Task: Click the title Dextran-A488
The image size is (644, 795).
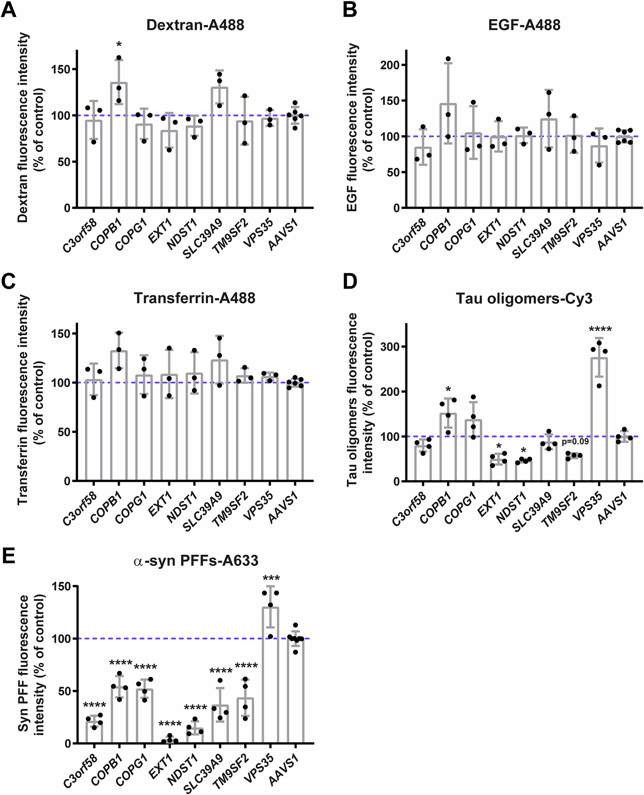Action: click(195, 25)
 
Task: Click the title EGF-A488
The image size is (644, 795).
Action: click(524, 25)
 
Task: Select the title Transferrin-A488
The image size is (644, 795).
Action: click(194, 298)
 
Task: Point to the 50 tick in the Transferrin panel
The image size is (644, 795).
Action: click(62, 432)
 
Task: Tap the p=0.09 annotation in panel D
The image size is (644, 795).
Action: click(575, 441)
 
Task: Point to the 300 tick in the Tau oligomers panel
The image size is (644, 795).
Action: click(390, 347)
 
